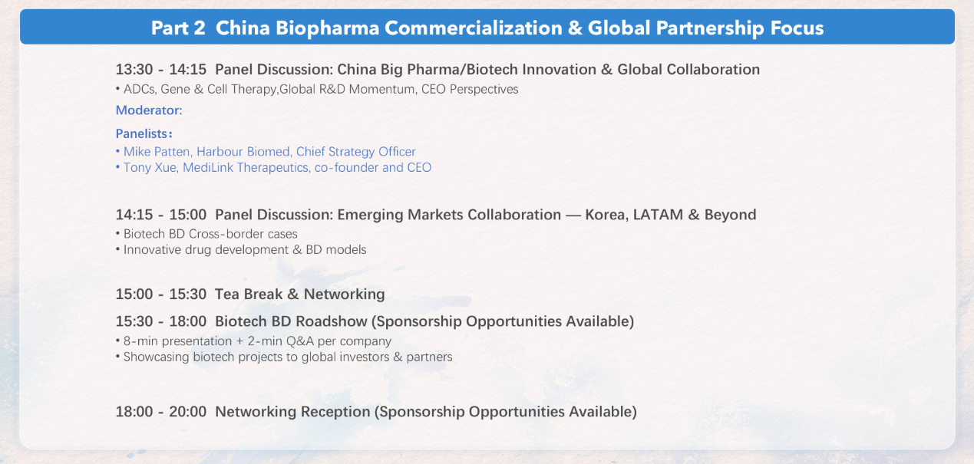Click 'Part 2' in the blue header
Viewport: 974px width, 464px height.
click(x=178, y=28)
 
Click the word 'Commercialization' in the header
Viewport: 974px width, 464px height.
click(x=473, y=28)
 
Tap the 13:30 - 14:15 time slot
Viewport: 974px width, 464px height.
click(x=161, y=70)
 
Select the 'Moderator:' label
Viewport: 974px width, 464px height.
click(x=149, y=110)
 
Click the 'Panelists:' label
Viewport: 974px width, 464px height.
click(x=144, y=133)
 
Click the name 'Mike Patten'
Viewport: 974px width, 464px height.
click(x=157, y=152)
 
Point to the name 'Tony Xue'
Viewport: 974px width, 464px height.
click(x=150, y=168)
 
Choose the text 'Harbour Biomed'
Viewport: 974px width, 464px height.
click(x=243, y=152)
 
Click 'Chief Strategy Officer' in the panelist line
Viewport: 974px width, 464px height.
click(x=355, y=152)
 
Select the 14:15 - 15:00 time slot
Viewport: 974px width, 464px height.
click(x=161, y=215)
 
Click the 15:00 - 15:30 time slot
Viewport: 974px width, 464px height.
click(x=161, y=295)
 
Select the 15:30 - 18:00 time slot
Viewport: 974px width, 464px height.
click(x=161, y=321)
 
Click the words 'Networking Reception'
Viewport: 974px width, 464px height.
click(x=292, y=412)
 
